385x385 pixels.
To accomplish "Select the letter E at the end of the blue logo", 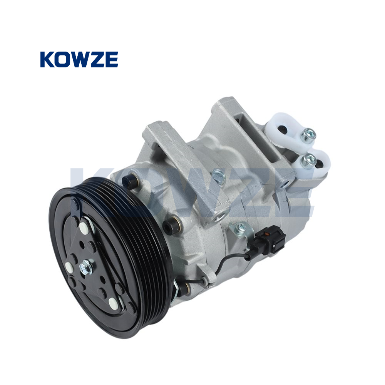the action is [x=112, y=59].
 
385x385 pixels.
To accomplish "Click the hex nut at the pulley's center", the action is [x=86, y=266].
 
